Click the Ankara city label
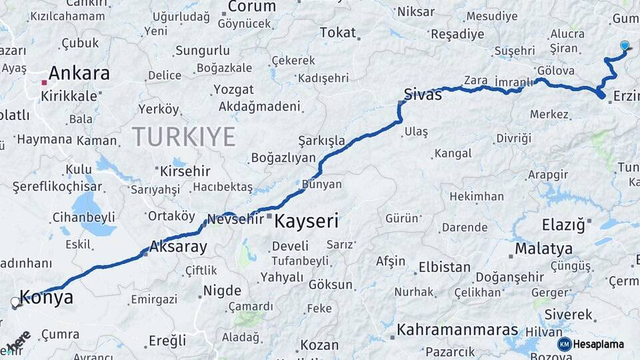click(x=79, y=73)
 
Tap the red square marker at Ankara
click(x=44, y=83)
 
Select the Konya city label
click(x=47, y=297)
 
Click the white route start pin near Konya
click(x=15, y=302)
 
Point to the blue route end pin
click(x=625, y=45)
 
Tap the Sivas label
click(x=423, y=95)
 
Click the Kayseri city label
click(x=307, y=221)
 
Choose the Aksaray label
click(x=179, y=247)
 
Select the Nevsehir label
click(x=235, y=219)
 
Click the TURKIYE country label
click(x=183, y=137)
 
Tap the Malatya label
click(x=543, y=249)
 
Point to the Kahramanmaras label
click(x=457, y=330)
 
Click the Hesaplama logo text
click(x=599, y=344)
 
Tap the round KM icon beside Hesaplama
click(x=564, y=344)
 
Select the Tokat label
click(x=338, y=33)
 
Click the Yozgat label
click(x=233, y=89)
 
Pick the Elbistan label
click(x=444, y=267)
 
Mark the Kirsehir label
click(x=185, y=171)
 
